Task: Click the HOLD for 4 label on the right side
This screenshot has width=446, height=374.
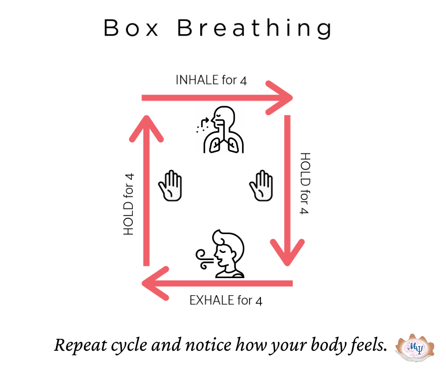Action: point(305,183)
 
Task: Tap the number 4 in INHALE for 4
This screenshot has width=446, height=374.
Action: point(243,80)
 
